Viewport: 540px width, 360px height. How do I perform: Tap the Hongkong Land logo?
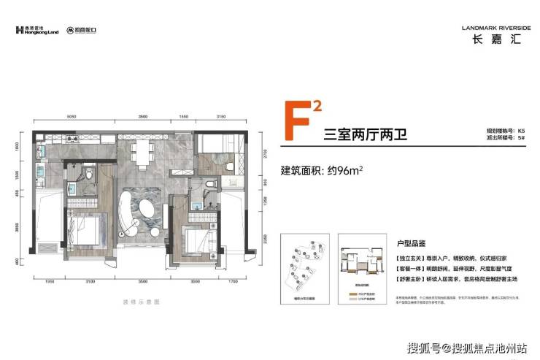[37, 31]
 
